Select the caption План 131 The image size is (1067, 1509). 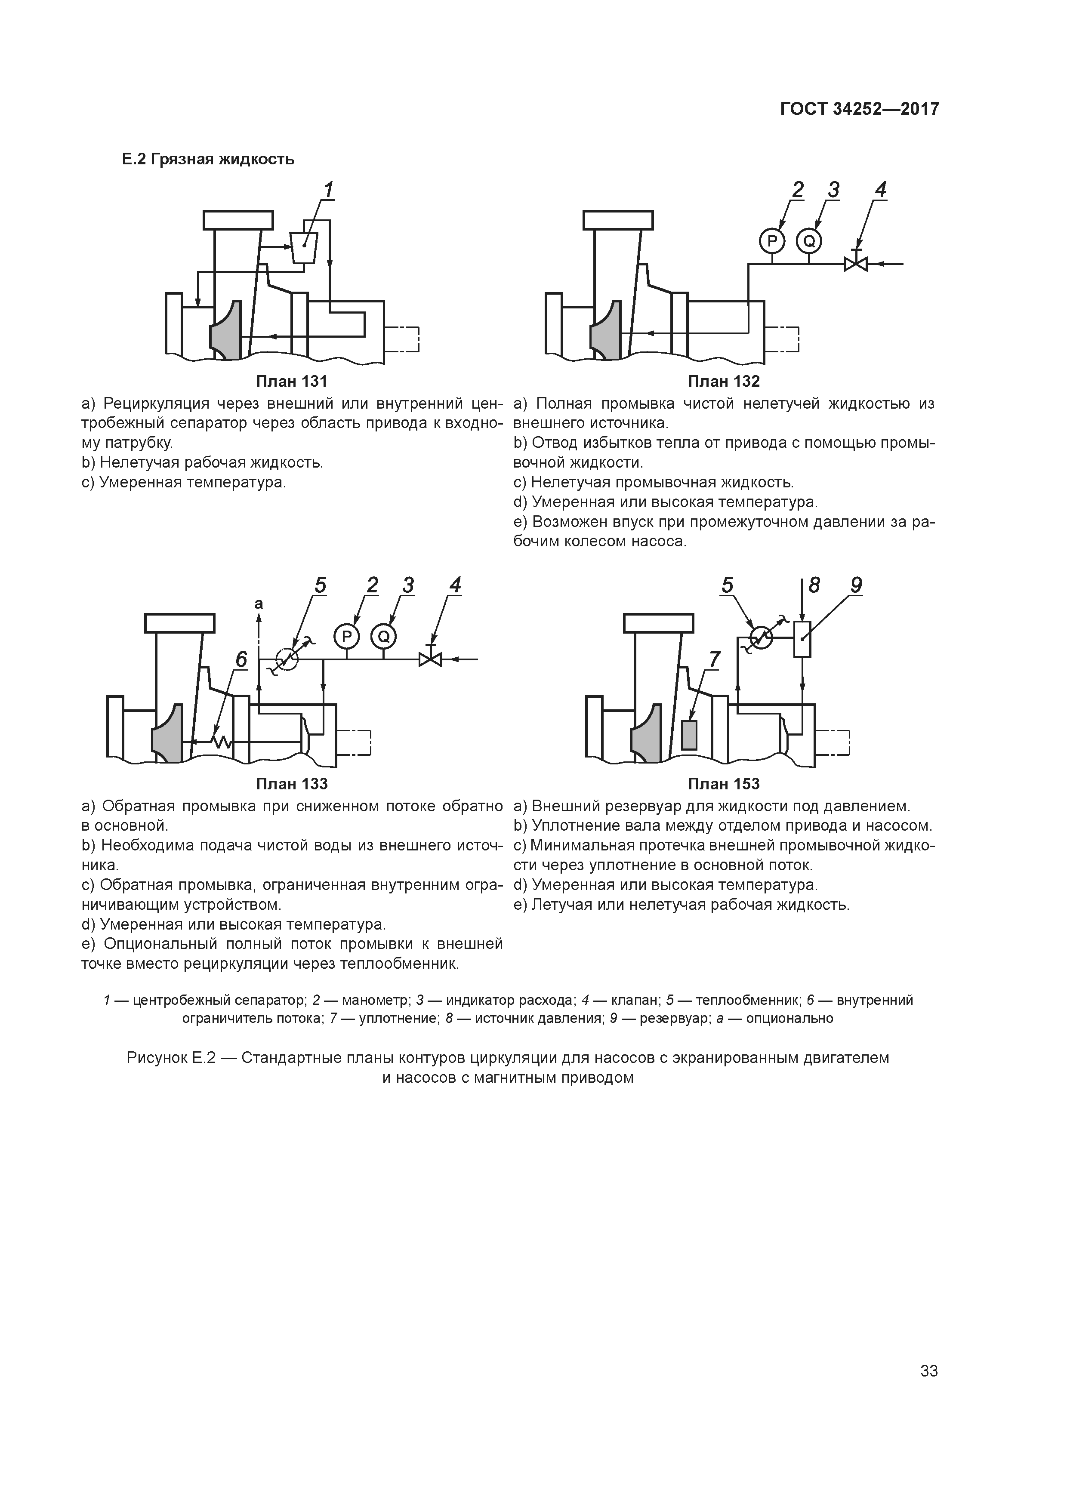coord(291,381)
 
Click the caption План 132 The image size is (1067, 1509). coord(723,381)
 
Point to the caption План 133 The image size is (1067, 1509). coord(291,784)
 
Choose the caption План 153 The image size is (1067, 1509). coord(723,784)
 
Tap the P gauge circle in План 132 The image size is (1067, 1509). coord(772,242)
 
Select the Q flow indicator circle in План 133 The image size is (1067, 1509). coord(383,636)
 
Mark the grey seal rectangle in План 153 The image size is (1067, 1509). coord(689,735)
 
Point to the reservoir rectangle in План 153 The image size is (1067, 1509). coord(802,639)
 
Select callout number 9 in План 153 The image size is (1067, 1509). coord(856,585)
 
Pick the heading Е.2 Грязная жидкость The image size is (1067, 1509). coord(208,159)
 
